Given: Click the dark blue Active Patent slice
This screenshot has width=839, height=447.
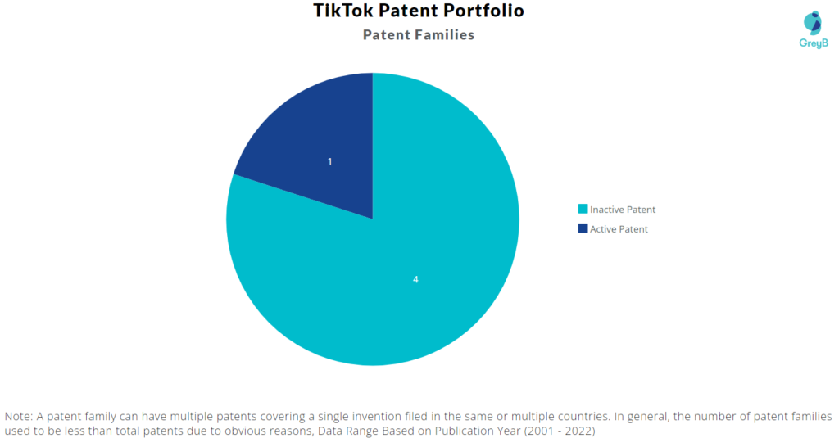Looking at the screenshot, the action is click(x=321, y=150).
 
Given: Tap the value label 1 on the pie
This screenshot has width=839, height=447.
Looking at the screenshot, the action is click(x=329, y=161).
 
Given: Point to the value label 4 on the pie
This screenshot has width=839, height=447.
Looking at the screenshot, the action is click(x=415, y=280).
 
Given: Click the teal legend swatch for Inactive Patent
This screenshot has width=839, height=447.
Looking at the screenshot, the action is click(x=583, y=209).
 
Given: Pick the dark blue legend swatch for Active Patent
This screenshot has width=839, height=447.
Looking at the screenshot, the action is click(x=583, y=228).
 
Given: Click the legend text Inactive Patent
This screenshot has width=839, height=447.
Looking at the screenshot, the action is click(x=623, y=210).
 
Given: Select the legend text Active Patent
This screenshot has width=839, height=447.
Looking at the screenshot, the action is click(x=619, y=229).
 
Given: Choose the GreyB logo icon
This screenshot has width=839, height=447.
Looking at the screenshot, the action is click(x=813, y=23).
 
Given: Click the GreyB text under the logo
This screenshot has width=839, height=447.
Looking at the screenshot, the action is click(x=814, y=43).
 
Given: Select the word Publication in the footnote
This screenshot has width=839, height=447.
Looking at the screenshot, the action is click(x=460, y=431).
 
